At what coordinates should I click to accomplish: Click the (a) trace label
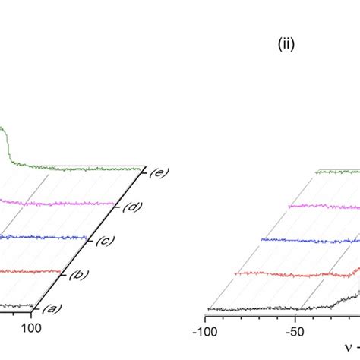tap(52, 308)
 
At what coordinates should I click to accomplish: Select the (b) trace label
tap(79, 275)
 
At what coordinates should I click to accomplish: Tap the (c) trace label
tap(106, 241)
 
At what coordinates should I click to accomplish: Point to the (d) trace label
tap(132, 207)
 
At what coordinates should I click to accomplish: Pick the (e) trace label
tap(159, 172)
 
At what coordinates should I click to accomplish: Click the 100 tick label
tap(31, 328)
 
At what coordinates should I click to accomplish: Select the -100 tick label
tap(205, 332)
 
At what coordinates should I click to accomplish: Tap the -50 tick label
tap(295, 332)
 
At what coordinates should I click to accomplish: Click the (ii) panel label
tap(286, 44)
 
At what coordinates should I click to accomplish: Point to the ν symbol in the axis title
tap(349, 348)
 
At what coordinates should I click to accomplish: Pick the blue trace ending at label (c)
tap(43, 237)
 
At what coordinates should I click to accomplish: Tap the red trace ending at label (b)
tap(30, 272)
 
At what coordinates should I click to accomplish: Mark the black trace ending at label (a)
tap(17, 306)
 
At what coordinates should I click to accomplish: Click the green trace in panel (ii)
tap(338, 172)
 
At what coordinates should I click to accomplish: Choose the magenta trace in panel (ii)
tap(324, 207)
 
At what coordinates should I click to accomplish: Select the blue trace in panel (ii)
tap(311, 241)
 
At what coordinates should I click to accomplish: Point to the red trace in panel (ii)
tap(298, 274)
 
